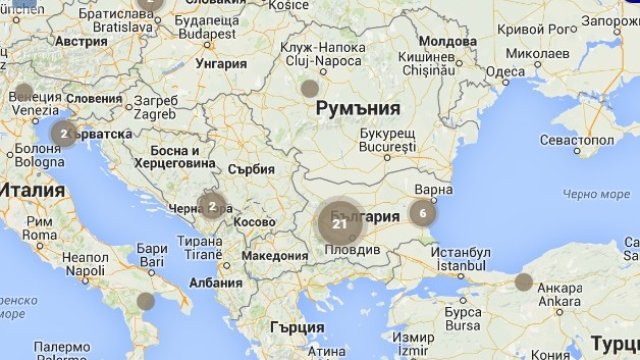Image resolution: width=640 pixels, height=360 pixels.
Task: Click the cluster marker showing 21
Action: point(340,224)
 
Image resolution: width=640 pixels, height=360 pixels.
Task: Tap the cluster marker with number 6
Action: point(423,212)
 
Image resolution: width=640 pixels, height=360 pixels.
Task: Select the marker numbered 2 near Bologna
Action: point(64,133)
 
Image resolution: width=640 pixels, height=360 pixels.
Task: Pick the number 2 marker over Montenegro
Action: point(212,207)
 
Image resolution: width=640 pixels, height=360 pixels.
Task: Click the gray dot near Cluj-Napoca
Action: point(310,88)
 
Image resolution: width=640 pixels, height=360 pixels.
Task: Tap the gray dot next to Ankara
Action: point(524,281)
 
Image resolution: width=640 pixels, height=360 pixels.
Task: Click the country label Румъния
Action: point(357,108)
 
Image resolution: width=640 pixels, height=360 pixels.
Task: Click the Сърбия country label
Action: point(250,169)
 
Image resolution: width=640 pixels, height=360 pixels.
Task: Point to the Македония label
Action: point(275,255)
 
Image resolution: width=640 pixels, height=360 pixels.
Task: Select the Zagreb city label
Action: point(156,114)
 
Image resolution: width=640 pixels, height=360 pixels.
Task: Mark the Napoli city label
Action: point(84,270)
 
